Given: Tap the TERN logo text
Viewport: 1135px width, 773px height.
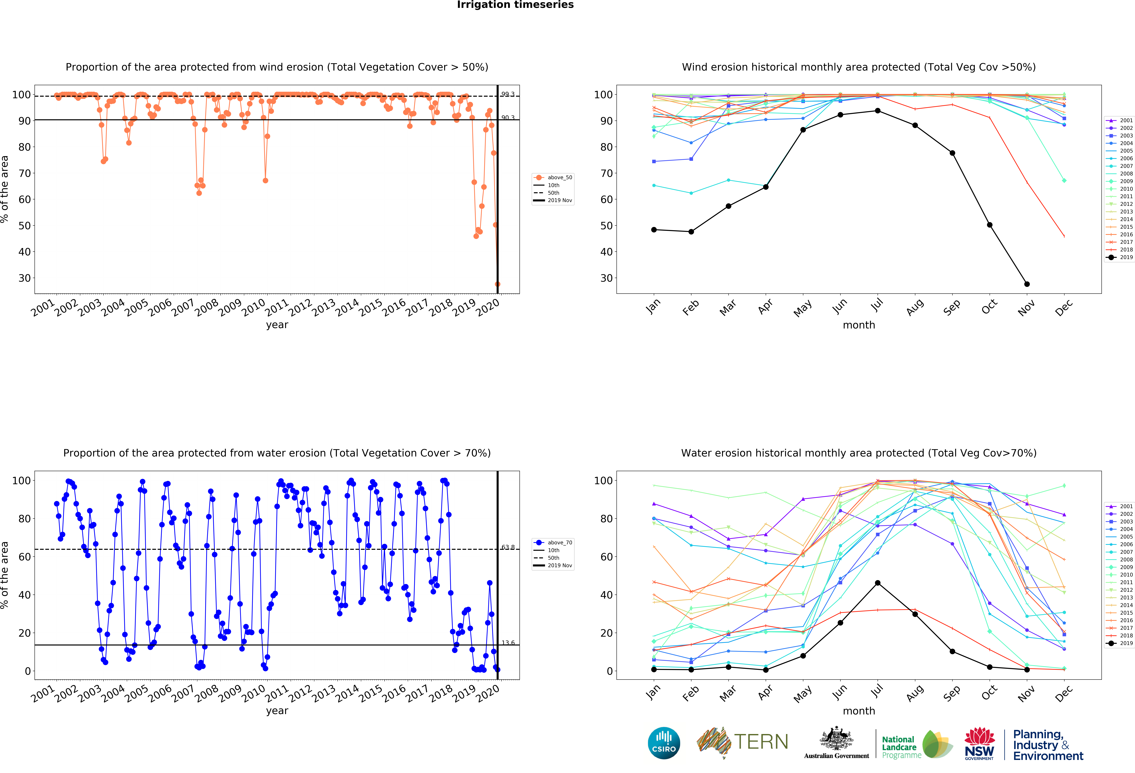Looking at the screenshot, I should [761, 742].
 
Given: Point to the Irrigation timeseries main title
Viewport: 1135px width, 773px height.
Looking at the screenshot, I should [515, 5].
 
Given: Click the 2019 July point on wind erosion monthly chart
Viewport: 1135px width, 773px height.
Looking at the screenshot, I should [878, 111].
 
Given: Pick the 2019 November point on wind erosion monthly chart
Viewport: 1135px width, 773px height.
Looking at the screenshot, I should [1027, 284].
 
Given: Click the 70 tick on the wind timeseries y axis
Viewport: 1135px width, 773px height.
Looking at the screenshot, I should [24, 173].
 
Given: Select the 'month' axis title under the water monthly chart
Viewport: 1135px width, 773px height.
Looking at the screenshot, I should [859, 711].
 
